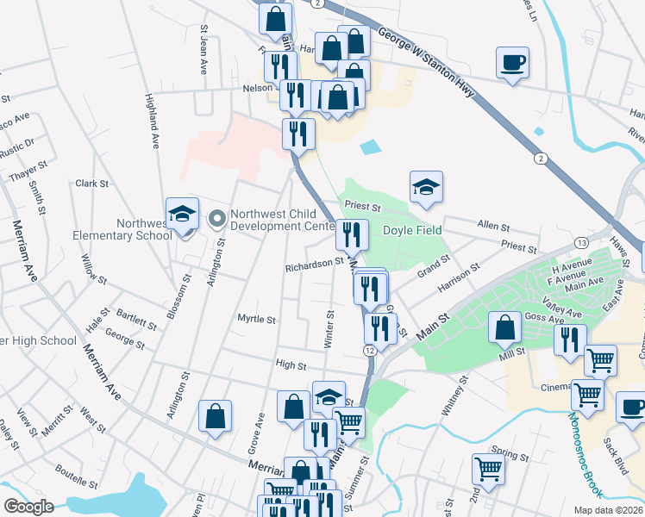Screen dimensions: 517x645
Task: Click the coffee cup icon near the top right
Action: (x=512, y=63)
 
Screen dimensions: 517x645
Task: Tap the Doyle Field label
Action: (x=412, y=230)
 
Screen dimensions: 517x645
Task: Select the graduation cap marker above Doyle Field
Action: (x=426, y=189)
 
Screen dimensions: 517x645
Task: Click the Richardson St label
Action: (x=315, y=267)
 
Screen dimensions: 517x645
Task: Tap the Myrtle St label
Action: (x=256, y=319)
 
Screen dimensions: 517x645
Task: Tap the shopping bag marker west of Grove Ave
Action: (x=215, y=416)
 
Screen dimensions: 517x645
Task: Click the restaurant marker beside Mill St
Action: (x=569, y=340)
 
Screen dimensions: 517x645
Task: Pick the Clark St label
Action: (x=91, y=184)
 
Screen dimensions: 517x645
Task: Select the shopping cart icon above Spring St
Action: (x=488, y=470)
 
